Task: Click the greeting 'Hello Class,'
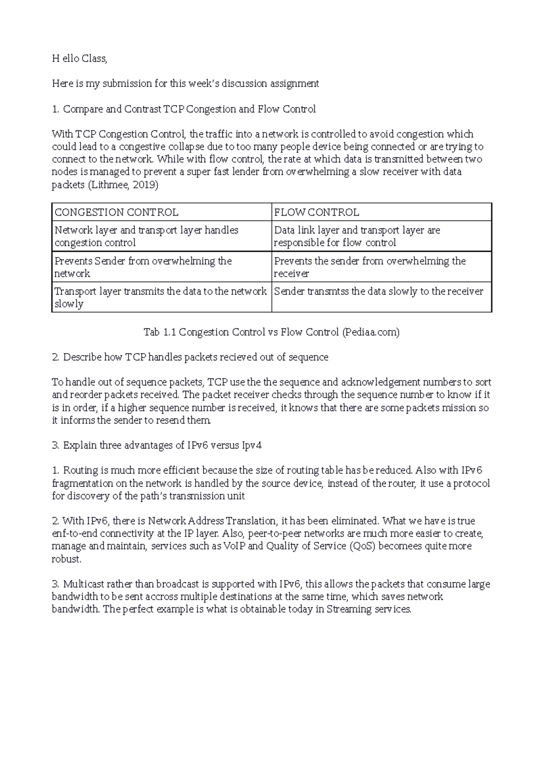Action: (x=79, y=58)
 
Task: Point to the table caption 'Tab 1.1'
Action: (x=159, y=332)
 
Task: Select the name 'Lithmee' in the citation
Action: (x=107, y=185)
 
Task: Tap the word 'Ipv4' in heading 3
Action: (x=252, y=446)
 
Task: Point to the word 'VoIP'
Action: (x=235, y=546)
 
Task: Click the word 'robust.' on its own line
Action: (x=67, y=559)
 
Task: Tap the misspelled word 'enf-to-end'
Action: (x=75, y=533)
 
